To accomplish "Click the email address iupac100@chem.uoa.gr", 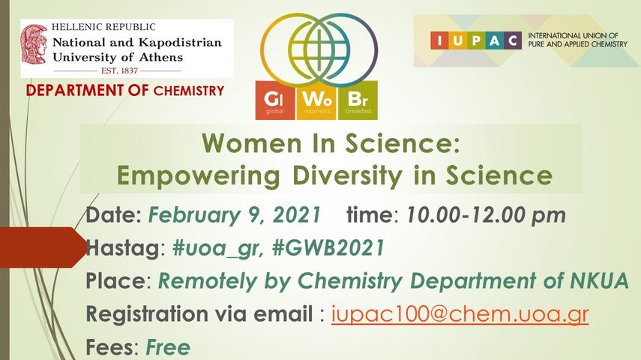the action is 460,315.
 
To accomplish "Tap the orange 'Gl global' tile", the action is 274,100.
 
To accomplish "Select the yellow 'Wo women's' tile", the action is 316,100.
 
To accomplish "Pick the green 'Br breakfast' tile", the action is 358,100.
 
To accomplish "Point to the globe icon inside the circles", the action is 319,49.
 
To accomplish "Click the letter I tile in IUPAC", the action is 439,40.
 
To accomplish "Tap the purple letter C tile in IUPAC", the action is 513,40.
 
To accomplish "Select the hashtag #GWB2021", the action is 328,248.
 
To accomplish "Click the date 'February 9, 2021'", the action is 234,215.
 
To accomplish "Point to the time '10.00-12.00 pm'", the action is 486,215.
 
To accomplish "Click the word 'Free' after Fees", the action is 168,347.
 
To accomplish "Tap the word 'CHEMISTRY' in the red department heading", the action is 189,91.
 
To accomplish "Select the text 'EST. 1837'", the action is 119,70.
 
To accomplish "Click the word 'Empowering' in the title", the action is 198,176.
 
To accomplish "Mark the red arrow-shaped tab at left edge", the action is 43,247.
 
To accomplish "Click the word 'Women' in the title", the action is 252,143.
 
